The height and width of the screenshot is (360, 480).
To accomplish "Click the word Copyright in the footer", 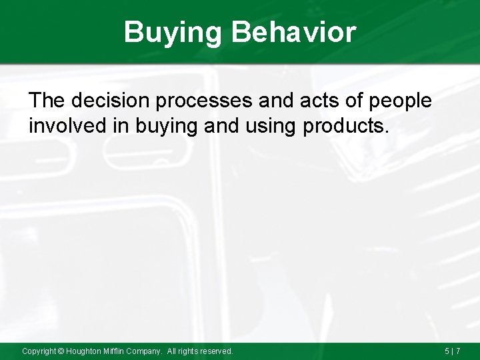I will click(39, 351).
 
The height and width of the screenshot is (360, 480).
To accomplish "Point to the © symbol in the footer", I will click(61, 351).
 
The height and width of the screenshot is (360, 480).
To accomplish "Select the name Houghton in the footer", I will click(84, 351).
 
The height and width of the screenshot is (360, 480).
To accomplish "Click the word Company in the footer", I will click(145, 351).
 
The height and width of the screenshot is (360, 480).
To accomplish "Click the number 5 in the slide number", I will click(447, 351).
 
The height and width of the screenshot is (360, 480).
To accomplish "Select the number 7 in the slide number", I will click(458, 351).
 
